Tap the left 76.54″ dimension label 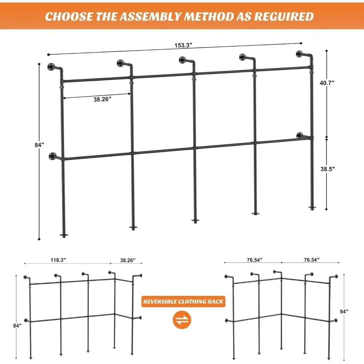254,260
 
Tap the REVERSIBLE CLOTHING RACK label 183,301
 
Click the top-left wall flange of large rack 51,67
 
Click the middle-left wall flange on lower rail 52,157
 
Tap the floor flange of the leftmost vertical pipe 64,236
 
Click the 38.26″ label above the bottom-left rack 128,260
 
